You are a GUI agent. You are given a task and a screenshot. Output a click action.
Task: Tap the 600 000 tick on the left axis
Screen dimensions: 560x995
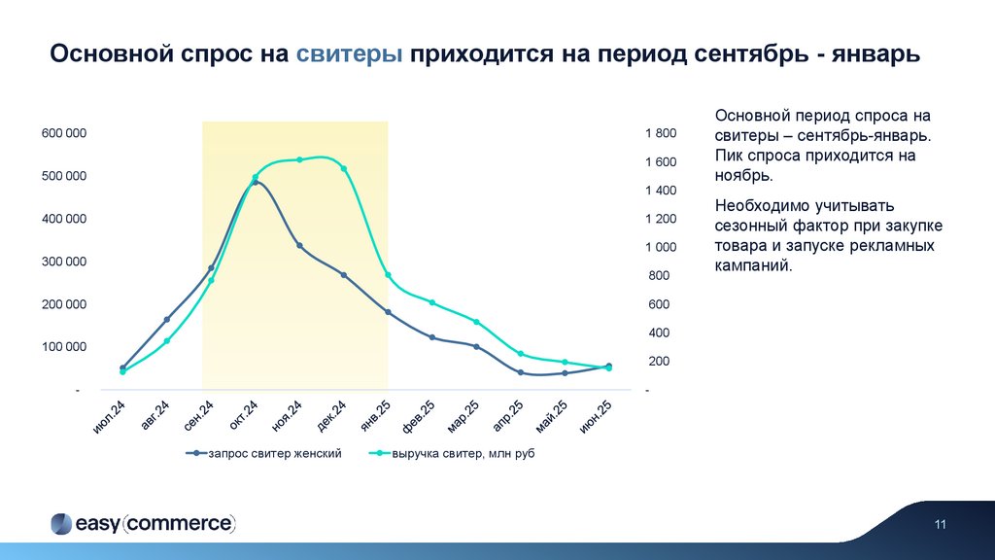pos(64,133)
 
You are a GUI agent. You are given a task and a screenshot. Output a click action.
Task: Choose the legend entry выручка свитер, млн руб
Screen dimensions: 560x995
pos(463,454)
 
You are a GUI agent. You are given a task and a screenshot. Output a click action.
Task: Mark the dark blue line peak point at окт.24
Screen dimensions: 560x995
pos(256,182)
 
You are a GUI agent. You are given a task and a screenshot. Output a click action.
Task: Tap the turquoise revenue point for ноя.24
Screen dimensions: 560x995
pos(299,159)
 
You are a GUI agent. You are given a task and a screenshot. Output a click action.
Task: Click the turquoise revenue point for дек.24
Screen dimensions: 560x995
pos(344,169)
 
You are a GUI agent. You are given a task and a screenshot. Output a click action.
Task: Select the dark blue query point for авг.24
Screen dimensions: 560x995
pos(167,320)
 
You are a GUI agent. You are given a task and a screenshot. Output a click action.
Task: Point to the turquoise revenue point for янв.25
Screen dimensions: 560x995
pos(388,275)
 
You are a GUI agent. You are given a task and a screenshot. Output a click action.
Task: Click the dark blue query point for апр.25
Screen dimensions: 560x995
pos(521,372)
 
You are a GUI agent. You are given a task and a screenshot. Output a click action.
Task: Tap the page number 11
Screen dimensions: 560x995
pos(941,526)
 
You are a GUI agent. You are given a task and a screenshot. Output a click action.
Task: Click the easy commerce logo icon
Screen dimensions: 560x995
pos(60,523)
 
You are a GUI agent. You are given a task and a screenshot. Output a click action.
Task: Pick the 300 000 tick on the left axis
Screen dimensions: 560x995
pos(64,262)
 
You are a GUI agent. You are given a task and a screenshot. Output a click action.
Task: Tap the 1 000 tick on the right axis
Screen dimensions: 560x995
pos(660,247)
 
